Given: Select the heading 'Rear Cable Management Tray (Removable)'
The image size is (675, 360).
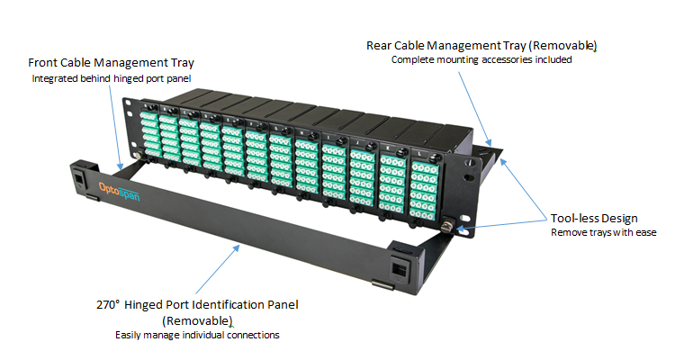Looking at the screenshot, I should (x=481, y=44).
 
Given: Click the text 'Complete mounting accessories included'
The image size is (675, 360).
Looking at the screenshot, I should (x=481, y=59).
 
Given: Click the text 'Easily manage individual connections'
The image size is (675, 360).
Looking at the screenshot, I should (x=197, y=335).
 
